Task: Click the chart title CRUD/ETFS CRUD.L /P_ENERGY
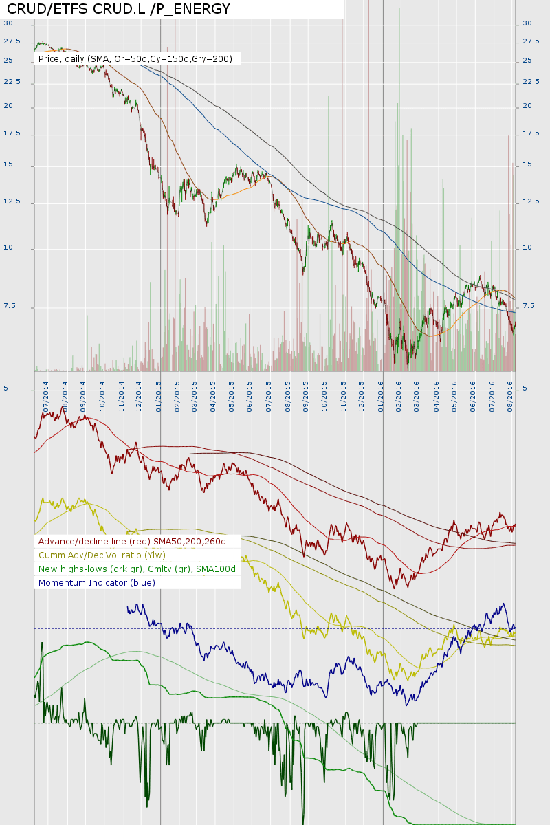pyautogui.click(x=118, y=9)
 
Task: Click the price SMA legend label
pyautogui.click(x=135, y=59)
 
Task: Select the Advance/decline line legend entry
pyautogui.click(x=132, y=541)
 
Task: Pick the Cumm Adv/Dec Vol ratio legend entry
pyautogui.click(x=102, y=555)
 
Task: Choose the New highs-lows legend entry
pyautogui.click(x=137, y=569)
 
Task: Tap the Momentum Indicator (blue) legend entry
pyautogui.click(x=97, y=582)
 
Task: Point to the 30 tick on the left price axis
pyautogui.click(x=8, y=23)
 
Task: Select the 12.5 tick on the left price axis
pyautogui.click(x=12, y=201)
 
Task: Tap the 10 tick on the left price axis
pyautogui.click(x=8, y=247)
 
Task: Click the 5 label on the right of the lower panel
pyautogui.click(x=525, y=388)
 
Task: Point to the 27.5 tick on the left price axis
pyautogui.click(x=12, y=41)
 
